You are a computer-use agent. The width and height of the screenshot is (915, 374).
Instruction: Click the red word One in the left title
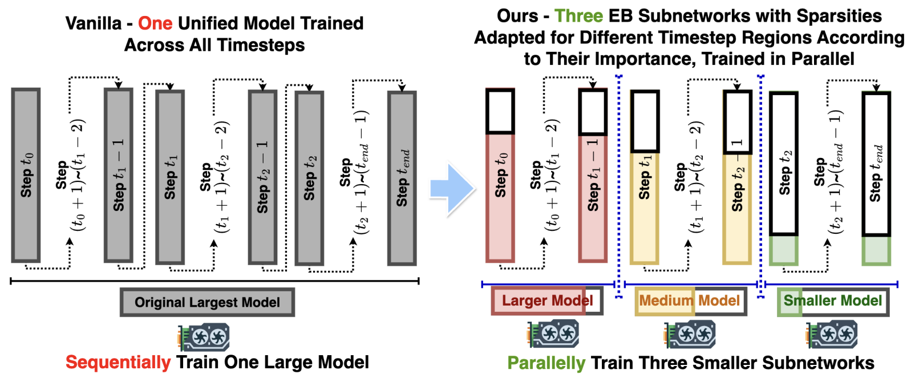coord(155,23)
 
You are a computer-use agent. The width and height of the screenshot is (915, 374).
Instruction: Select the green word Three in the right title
coord(578,16)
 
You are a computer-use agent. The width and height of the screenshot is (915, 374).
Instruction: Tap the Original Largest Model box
coord(207,302)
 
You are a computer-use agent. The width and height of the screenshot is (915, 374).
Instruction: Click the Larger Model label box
coord(547,301)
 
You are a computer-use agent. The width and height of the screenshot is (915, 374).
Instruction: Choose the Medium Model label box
coord(691,301)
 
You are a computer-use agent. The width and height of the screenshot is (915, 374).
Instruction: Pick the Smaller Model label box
coord(833,301)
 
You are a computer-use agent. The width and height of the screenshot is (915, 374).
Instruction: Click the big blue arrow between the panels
coord(452,189)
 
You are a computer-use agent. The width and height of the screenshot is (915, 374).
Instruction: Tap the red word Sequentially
coord(118,362)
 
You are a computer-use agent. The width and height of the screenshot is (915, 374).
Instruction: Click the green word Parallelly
coord(546,363)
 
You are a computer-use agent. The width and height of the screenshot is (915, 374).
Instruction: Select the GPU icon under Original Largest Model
coord(204,337)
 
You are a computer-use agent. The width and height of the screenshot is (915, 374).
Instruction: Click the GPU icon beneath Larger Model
coord(553,334)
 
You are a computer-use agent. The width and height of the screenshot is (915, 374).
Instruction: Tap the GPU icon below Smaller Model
coord(831,335)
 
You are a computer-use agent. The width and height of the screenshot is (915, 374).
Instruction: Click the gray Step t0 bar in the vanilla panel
coord(26,175)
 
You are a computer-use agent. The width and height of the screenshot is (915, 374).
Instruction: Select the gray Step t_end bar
coord(402,178)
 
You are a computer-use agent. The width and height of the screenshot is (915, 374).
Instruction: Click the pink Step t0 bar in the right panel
coord(500,198)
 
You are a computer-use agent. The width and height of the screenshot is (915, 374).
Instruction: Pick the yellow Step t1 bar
coord(645,208)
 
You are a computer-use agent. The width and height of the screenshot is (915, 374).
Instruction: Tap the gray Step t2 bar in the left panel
coord(310,178)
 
